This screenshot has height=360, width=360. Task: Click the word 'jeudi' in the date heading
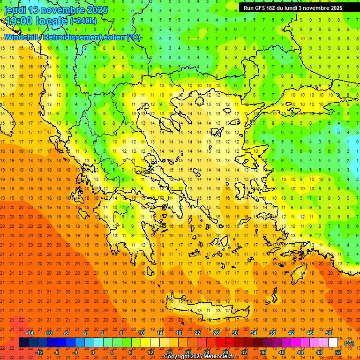[x=15, y=10]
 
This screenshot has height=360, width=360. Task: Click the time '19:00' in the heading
[x=17, y=21]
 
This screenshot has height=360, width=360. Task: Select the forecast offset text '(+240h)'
[x=83, y=21]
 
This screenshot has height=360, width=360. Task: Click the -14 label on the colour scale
[x=30, y=333]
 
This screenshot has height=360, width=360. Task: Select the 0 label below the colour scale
[x=93, y=352]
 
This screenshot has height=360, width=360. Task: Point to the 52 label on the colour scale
[x=338, y=352]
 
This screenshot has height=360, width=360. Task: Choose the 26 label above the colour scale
[x=216, y=333]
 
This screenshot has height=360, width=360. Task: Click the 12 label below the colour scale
[x=150, y=352]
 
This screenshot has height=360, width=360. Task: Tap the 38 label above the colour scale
[x=272, y=333]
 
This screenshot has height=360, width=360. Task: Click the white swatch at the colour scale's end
[x=333, y=343]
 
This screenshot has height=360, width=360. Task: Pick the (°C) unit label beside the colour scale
[x=349, y=343]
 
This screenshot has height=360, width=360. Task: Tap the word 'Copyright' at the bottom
[x=178, y=357]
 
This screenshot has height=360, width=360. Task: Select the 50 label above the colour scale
[x=329, y=333]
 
